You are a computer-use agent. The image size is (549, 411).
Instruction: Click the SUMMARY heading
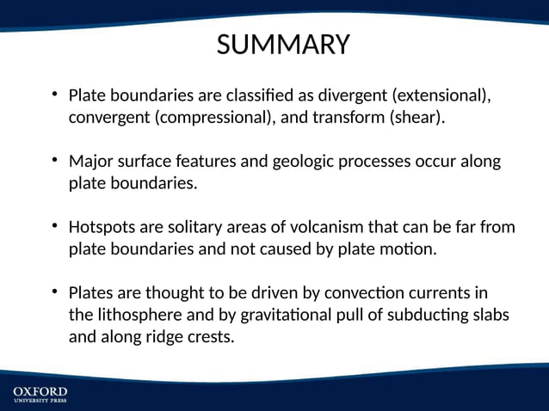click(283, 44)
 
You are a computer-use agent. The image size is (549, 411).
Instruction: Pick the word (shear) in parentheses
click(418, 117)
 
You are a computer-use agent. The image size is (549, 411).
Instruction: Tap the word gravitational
click(281, 316)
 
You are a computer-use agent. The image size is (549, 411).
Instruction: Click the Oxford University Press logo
click(40, 395)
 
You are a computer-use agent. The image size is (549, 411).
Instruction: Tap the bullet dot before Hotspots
click(54, 227)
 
